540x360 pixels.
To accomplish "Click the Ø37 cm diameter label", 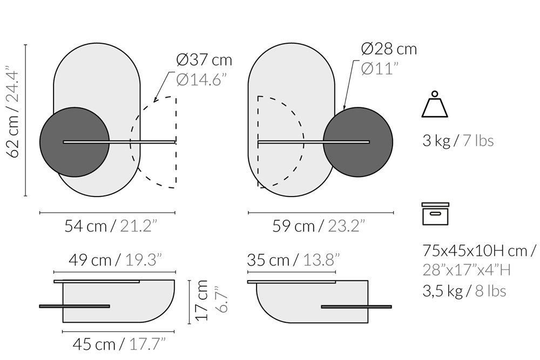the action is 204,60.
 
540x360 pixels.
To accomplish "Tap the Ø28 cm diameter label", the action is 389,49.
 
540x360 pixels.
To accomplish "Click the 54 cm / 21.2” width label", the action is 111,226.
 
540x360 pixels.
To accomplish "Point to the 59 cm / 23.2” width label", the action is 319,226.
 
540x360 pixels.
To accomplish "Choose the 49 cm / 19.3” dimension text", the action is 115,260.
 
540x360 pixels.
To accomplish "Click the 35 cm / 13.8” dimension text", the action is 293,260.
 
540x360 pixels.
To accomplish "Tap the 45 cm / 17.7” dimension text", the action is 119,344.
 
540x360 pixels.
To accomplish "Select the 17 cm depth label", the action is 201,301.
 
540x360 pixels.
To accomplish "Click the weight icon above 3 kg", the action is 435,104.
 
